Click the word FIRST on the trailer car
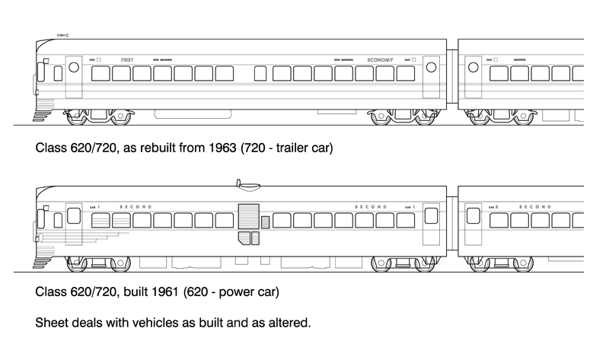[126, 59]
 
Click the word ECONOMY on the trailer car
[380, 59]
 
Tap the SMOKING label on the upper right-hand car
[520, 59]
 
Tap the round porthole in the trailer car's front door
[74, 67]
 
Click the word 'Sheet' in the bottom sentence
[52, 323]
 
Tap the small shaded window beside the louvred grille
[265, 221]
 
